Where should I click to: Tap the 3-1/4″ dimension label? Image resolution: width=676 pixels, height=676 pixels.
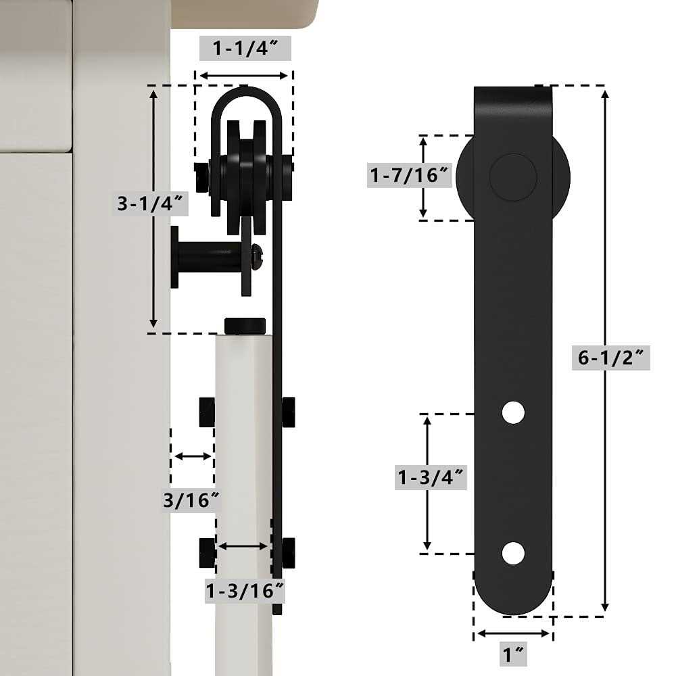click(x=143, y=203)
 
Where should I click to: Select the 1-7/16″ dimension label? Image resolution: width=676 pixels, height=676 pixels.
click(x=410, y=176)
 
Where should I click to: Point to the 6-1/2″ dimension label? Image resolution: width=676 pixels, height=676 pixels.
click(x=610, y=356)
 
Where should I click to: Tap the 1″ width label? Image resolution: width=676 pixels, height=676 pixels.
click(x=513, y=654)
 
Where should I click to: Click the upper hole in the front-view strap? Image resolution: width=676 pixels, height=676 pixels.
click(x=514, y=412)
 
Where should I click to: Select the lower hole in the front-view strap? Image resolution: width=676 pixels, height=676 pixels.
click(x=514, y=553)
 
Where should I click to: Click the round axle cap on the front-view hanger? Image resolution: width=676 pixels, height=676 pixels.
click(x=513, y=177)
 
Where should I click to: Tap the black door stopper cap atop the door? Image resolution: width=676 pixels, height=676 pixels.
click(x=245, y=325)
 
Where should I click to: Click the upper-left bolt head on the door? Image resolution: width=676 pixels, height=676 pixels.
click(x=207, y=412)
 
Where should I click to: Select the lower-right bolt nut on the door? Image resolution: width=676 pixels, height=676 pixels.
click(x=289, y=552)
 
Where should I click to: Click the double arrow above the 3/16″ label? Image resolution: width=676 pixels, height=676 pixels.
click(x=193, y=456)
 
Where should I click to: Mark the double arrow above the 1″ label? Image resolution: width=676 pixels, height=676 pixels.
click(x=513, y=633)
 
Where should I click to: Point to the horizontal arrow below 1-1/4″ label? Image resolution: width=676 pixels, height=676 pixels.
click(x=244, y=76)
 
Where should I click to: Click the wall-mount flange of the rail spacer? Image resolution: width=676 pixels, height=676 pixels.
click(x=175, y=257)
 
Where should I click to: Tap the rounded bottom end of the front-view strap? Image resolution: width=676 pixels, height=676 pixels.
click(x=513, y=595)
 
